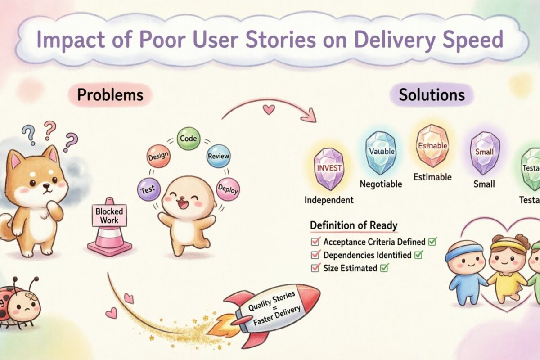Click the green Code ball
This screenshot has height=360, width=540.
[x=188, y=139]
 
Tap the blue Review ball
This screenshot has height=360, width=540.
[x=218, y=156]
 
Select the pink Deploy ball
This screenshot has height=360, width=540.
[x=228, y=189]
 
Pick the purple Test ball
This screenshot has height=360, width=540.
[x=149, y=189]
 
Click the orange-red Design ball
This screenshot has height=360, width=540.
[x=159, y=156]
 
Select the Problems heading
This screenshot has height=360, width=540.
[x=110, y=95]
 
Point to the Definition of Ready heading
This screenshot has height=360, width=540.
[x=354, y=225]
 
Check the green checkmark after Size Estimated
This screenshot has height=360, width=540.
[x=384, y=268]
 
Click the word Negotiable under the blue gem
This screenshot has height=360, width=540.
[x=381, y=184]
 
